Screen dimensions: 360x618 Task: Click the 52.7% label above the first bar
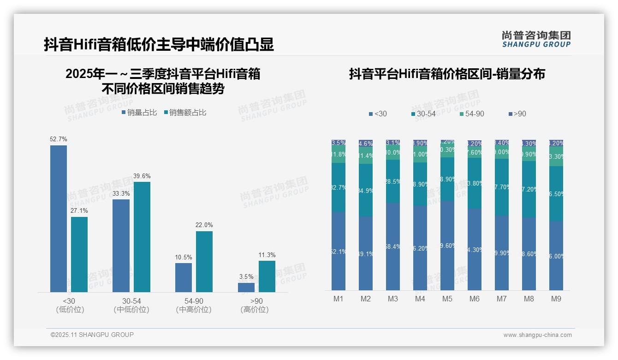pyautogui.click(x=59, y=139)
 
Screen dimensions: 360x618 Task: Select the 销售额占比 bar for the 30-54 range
pyautogui.click(x=142, y=237)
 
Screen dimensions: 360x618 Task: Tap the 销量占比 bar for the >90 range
pyautogui.click(x=246, y=287)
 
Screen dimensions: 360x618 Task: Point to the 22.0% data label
pyautogui.click(x=204, y=225)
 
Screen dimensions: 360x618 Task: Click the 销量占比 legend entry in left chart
pyautogui.click(x=139, y=113)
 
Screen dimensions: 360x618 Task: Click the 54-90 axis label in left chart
pyautogui.click(x=193, y=301)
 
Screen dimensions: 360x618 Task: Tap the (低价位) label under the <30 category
pyautogui.click(x=70, y=310)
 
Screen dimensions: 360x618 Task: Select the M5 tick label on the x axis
pyautogui.click(x=447, y=299)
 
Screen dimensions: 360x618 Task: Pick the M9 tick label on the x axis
pyautogui.click(x=556, y=299)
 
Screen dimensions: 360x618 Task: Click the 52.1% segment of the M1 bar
pyautogui.click(x=339, y=252)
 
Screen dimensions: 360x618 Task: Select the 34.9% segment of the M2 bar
pyautogui.click(x=366, y=190)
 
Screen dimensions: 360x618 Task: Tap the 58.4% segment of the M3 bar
pyautogui.click(x=393, y=247)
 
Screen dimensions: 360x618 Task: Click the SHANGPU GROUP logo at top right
pyautogui.click(x=536, y=39)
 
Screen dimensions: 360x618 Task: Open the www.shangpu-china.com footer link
pyautogui.click(x=537, y=335)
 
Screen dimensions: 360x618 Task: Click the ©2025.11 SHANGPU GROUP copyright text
pyautogui.click(x=92, y=335)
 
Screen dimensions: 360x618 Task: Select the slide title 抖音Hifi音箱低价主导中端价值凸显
pyautogui.click(x=159, y=44)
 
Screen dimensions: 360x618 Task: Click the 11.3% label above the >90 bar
pyautogui.click(x=267, y=255)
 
